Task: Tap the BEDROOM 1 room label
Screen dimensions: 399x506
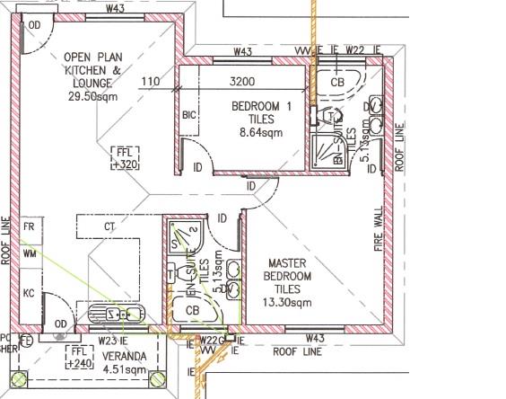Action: pos(261,107)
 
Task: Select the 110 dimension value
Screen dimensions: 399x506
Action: pos(150,82)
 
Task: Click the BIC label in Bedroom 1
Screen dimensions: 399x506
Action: pos(188,115)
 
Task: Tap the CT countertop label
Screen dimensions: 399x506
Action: pos(110,226)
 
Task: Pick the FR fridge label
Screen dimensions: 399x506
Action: pos(30,226)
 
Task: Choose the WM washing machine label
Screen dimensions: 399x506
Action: pos(30,254)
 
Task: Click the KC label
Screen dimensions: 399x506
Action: pos(30,293)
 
